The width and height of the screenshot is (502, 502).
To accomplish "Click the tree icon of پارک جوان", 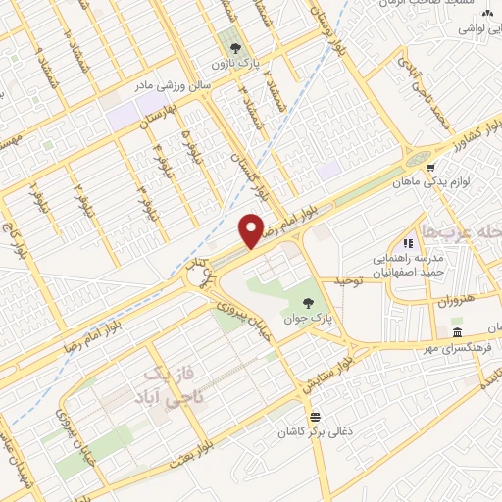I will (309, 303).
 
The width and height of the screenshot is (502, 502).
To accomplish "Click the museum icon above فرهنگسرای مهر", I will (470, 333).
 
